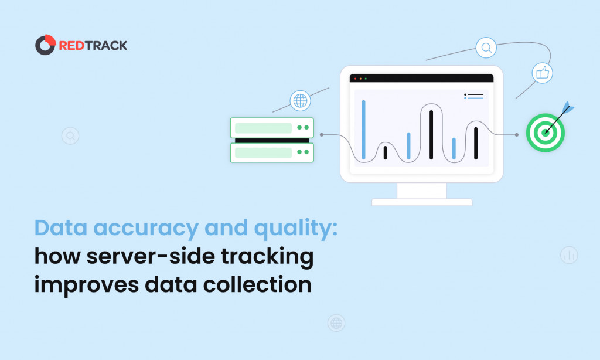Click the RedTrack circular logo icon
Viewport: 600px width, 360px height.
[45, 45]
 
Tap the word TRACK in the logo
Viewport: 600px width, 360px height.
[106, 46]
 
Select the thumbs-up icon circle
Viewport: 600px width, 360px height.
[542, 73]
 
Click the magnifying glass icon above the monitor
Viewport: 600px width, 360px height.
[486, 47]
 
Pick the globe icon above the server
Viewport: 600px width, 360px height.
[300, 101]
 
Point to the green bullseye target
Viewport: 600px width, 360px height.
[546, 133]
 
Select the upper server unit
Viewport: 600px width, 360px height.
[272, 128]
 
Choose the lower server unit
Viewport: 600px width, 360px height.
[272, 152]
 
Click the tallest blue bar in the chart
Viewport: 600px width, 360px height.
[363, 130]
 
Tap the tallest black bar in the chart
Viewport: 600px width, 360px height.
[431, 134]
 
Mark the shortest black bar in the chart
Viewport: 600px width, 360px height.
[386, 152]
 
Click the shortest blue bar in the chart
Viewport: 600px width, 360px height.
[454, 148]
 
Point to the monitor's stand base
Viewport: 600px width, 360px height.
[422, 202]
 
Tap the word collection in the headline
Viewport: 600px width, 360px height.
[257, 284]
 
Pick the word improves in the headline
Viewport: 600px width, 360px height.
[87, 286]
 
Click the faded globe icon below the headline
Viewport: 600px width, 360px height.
[336, 323]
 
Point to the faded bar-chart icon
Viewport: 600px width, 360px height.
[569, 255]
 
